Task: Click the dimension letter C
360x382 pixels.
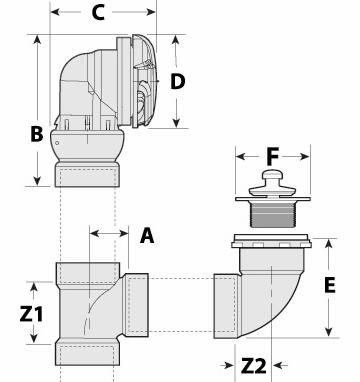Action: click(x=98, y=13)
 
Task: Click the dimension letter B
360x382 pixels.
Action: click(x=37, y=134)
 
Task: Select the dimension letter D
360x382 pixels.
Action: click(x=177, y=82)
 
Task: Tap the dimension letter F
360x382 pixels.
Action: click(x=272, y=157)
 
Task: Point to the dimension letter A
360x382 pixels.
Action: click(x=147, y=235)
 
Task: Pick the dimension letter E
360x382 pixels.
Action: click(x=330, y=285)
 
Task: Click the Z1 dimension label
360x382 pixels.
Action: click(x=31, y=314)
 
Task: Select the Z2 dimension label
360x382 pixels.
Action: click(x=254, y=366)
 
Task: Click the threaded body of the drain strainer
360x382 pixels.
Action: click(x=272, y=214)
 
